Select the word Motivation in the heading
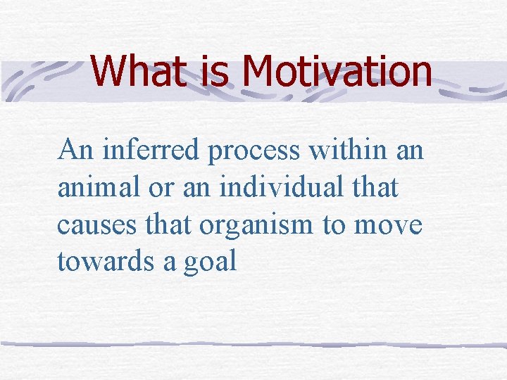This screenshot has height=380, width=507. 336,70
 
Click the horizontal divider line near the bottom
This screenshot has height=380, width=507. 254,344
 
